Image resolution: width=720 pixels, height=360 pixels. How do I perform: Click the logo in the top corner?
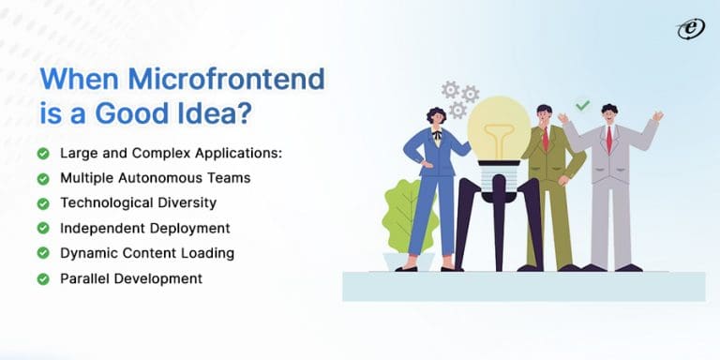(690, 29)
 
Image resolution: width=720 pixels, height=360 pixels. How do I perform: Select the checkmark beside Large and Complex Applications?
(43, 153)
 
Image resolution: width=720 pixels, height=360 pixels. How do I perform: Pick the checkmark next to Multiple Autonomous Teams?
(43, 178)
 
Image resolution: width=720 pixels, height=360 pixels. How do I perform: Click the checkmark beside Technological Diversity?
(43, 203)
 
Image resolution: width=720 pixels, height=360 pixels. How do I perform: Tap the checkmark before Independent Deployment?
(43, 229)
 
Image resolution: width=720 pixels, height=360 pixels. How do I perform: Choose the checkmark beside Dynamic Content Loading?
(43, 254)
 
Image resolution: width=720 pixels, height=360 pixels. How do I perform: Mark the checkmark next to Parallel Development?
(43, 279)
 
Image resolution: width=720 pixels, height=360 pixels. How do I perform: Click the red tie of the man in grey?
(608, 139)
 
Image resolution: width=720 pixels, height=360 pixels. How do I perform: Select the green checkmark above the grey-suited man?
(582, 105)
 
